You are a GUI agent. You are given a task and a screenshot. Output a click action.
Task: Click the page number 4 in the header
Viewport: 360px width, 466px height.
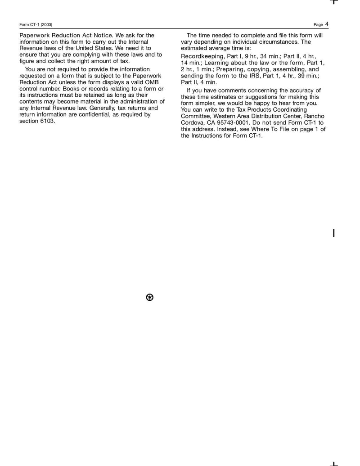327,24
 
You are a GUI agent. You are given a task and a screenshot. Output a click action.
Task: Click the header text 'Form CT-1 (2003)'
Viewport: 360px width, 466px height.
36,25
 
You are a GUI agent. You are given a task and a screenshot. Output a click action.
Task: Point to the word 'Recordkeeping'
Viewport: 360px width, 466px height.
202,57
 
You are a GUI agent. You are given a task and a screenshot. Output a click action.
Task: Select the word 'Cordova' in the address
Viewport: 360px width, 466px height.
193,122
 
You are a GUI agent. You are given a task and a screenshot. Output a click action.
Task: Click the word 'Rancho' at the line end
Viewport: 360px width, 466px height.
314,116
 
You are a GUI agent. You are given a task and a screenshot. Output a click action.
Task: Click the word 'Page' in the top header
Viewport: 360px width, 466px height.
318,25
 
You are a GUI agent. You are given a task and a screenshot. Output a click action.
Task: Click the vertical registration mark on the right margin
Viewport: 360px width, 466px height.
333,233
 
